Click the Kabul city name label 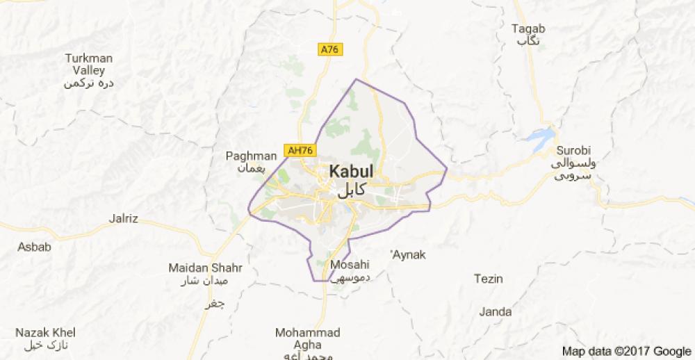click(x=351, y=172)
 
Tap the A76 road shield click(x=331, y=49)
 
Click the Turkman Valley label click(x=88, y=65)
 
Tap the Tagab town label click(x=528, y=29)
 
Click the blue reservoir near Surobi click(x=541, y=137)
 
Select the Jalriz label click(x=124, y=219)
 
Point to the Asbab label click(x=35, y=247)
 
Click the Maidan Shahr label click(x=205, y=268)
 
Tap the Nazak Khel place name click(x=45, y=333)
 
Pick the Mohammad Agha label click(x=308, y=338)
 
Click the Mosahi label click(x=349, y=265)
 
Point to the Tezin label click(x=488, y=279)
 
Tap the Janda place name click(x=496, y=312)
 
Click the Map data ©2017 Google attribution click(x=627, y=351)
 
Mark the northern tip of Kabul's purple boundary click(x=357, y=79)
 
